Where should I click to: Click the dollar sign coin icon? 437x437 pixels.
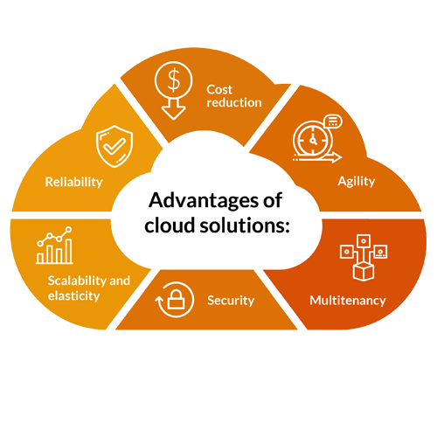pos(173,80)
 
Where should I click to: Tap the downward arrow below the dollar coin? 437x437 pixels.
pos(174,109)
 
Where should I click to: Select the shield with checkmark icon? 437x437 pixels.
pos(114,146)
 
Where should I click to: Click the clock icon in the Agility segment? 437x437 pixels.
pos(313,141)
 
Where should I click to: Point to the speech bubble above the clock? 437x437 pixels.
pos(333,121)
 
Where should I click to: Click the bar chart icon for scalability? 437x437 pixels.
pos(54,246)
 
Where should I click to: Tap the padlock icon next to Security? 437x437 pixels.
pos(177,300)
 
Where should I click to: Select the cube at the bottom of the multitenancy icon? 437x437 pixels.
pos(364,271)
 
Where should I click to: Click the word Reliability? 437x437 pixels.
pos(73,183)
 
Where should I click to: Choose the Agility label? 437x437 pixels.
pos(357,182)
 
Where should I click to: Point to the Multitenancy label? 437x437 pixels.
pos(348,301)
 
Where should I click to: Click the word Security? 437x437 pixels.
pos(231,301)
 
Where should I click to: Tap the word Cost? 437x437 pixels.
pos(219,90)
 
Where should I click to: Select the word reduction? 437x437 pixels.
pos(234,102)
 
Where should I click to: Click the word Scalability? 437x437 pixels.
pos(77,281)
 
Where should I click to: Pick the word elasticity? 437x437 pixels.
pos(73,296)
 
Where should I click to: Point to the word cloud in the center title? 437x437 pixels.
pos(170,225)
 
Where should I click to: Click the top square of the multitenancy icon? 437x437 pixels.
pos(364,241)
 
